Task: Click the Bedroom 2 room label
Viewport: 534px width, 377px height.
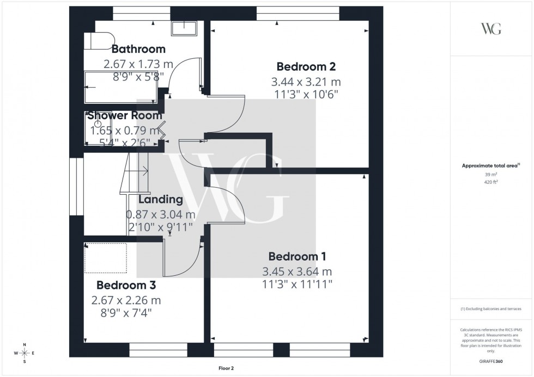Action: pos(306,67)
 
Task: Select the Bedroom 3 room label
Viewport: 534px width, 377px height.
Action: pos(126,285)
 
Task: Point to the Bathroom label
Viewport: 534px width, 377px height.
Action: pos(138,50)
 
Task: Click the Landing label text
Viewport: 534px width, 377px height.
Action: pos(160,199)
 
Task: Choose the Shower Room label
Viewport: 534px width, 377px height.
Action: pos(125,115)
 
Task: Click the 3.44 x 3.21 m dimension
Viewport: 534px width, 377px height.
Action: pos(306,82)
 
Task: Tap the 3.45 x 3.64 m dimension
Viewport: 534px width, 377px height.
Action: pos(297,271)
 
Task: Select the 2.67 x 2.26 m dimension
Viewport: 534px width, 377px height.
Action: pos(126,300)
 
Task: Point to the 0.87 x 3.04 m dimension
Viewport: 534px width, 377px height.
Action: pos(160,214)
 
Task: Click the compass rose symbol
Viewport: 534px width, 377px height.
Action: pos(25,353)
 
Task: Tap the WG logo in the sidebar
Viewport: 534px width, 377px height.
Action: pos(490,29)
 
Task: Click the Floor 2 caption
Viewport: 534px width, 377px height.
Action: pos(226,368)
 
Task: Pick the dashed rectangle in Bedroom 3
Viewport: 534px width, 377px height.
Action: pos(106,257)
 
